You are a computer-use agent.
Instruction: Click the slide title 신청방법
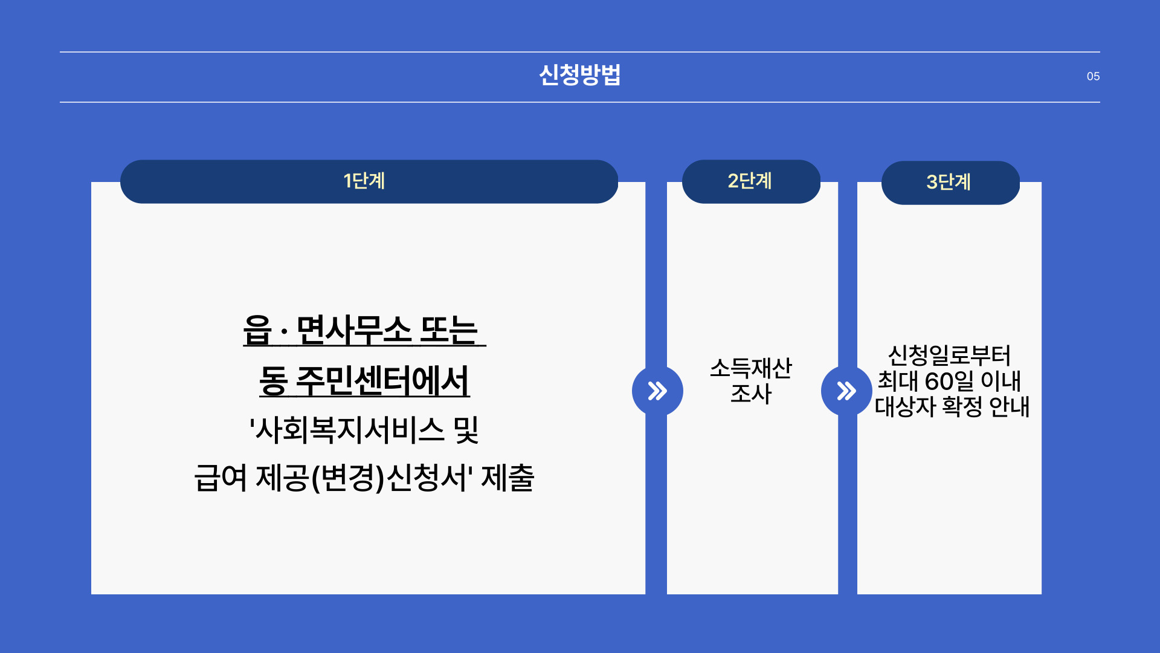coord(579,76)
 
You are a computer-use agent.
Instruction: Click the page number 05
coord(1093,77)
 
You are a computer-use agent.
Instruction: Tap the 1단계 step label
coord(364,181)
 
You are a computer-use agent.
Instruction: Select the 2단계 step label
coord(750,181)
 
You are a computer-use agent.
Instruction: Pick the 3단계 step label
coord(949,182)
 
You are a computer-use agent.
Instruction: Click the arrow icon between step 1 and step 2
coord(657,391)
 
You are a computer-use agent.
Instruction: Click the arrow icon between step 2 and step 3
coord(846,391)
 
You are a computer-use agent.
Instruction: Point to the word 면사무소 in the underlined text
coord(354,331)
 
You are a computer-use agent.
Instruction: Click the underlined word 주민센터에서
coord(382,382)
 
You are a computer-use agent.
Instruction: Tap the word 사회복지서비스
coord(350,430)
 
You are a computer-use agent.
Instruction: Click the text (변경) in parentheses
coord(347,478)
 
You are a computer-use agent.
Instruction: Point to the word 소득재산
coord(750,368)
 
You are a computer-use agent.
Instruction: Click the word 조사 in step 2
coord(751,394)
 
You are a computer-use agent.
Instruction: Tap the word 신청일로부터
coord(949,355)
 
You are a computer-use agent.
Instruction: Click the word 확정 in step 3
coord(962,406)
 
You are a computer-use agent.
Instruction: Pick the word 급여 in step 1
coord(221,478)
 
